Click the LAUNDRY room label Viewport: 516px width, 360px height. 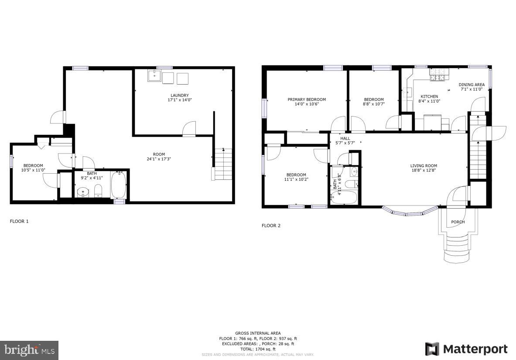[x=180, y=95]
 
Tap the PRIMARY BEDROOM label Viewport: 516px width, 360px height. [x=307, y=99]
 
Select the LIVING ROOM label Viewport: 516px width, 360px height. [x=424, y=165]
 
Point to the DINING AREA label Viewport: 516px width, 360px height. [x=472, y=85]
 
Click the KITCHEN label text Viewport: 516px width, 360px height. [x=429, y=96]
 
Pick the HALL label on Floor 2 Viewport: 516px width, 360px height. [x=345, y=138]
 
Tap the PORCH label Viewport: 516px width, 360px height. [x=458, y=222]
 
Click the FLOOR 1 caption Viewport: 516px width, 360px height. [x=19, y=221]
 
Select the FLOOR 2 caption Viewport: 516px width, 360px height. [x=271, y=226]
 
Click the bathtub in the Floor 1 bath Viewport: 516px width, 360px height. [x=119, y=186]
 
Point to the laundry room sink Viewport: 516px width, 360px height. [x=154, y=76]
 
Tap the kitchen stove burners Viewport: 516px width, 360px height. [x=438, y=78]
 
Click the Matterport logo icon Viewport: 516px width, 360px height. [x=432, y=349]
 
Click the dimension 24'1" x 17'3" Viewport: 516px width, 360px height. [x=159, y=159]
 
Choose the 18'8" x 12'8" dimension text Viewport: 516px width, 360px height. [x=424, y=171]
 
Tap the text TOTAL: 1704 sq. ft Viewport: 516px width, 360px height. [x=258, y=349]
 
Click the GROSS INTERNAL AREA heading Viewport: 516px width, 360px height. [x=258, y=333]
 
